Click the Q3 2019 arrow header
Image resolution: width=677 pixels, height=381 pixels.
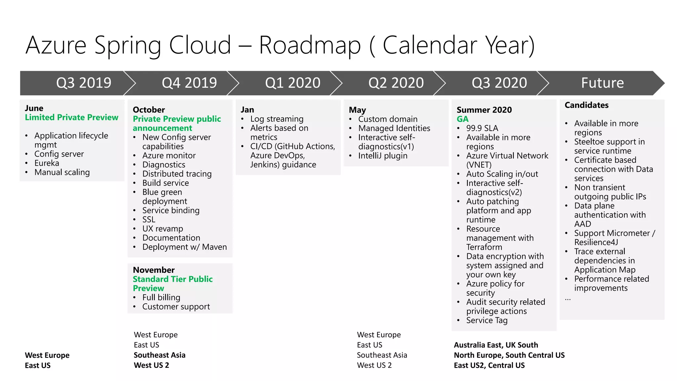[84, 83]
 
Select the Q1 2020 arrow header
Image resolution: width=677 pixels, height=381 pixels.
[293, 83]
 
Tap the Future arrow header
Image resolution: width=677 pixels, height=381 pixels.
[602, 83]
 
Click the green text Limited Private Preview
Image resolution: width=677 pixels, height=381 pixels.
[71, 117]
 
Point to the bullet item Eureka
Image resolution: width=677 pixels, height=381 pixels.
[47, 163]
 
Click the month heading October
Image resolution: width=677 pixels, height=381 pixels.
[149, 110]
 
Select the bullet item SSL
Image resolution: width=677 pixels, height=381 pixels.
[149, 220]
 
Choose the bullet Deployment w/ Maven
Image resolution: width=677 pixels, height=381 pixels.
[184, 247]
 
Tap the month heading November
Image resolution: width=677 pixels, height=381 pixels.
[154, 270]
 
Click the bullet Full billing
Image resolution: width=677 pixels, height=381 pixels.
[161, 297]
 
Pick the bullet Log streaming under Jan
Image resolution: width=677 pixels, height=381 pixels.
[277, 119]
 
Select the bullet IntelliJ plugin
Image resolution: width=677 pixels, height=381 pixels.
[382, 156]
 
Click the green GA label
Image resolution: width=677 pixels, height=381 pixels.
[462, 119]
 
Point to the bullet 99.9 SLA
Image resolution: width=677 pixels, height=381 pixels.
[482, 128]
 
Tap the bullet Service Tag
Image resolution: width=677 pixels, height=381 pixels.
[487, 320]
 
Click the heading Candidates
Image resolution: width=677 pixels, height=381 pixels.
[586, 105]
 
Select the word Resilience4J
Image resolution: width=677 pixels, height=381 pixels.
[596, 242]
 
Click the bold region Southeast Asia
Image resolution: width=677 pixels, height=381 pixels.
[159, 355]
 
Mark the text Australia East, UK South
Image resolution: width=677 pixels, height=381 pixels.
[496, 345]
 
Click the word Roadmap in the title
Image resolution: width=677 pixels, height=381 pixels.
[309, 45]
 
